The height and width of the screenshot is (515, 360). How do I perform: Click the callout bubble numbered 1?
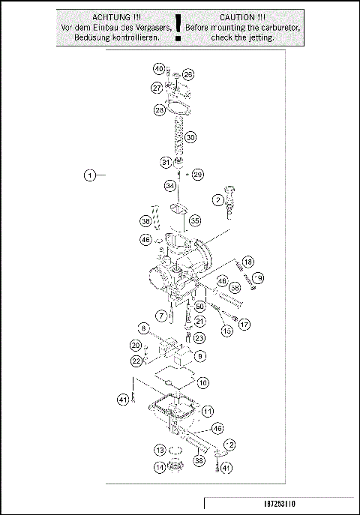89,176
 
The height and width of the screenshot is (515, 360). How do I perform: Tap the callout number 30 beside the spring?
190,138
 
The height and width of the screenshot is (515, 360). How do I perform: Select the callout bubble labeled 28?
160,110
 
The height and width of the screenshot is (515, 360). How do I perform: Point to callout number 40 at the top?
159,69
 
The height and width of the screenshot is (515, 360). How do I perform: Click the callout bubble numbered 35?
194,221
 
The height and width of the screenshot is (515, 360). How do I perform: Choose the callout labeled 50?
200,306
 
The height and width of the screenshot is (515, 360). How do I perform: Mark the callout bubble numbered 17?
244,325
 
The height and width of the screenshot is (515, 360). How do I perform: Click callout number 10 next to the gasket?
203,382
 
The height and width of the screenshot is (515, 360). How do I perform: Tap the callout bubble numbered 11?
207,411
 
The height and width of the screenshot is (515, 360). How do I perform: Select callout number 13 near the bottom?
160,450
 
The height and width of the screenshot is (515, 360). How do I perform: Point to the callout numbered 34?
170,185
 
